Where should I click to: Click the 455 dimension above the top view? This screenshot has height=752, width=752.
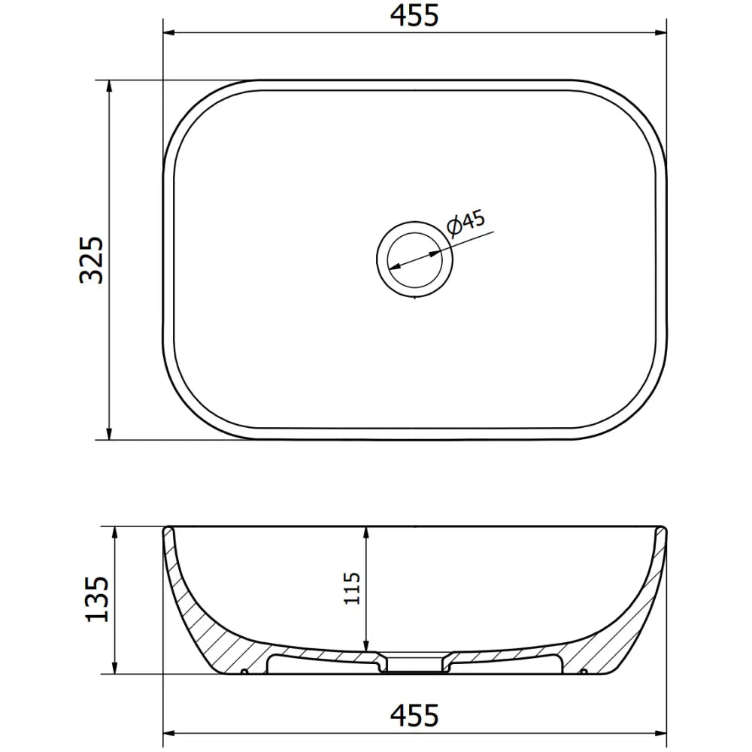414,15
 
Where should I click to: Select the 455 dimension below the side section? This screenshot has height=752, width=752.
414,715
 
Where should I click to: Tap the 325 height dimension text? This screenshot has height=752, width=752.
92,259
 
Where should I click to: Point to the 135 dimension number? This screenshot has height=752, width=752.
98,599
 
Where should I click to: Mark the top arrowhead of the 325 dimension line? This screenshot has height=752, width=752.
111,86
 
